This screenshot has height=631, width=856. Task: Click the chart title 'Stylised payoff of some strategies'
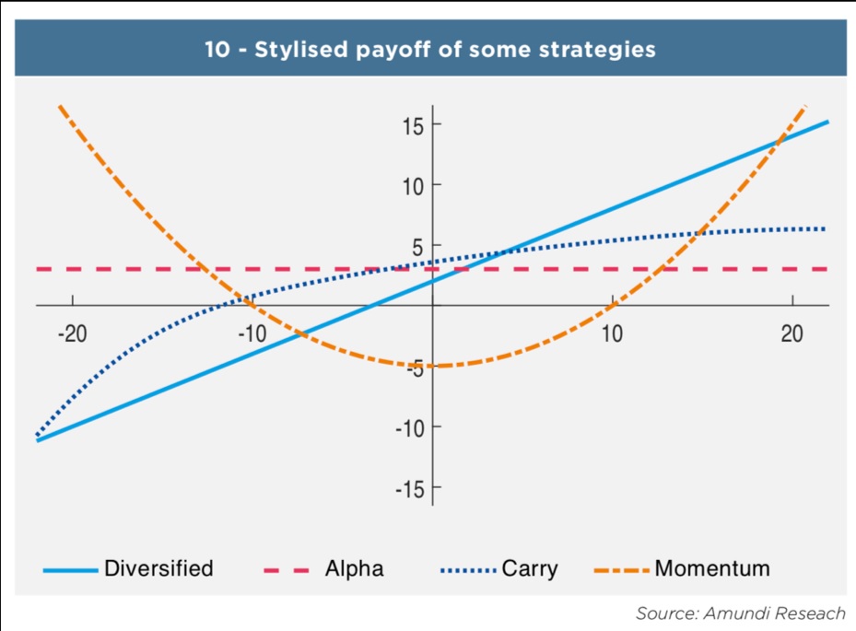(455, 49)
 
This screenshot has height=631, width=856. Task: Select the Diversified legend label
(158, 568)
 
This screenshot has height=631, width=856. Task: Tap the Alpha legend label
(354, 568)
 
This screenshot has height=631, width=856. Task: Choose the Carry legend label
(530, 568)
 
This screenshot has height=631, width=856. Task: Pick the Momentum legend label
(712, 568)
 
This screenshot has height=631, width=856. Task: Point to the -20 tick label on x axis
(72, 333)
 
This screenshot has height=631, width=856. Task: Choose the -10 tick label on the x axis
(252, 333)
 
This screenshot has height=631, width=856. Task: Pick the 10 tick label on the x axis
(612, 333)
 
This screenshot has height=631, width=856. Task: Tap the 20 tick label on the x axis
(792, 333)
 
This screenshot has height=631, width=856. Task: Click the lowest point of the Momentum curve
(433, 366)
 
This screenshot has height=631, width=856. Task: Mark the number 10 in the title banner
(218, 49)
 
